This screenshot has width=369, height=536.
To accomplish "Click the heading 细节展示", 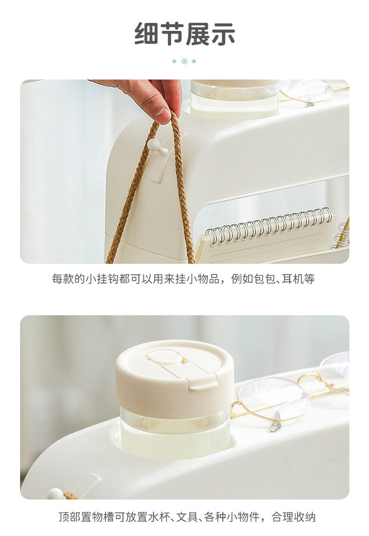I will (x=184, y=34).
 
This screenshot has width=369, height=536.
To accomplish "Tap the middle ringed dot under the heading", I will (x=184, y=61).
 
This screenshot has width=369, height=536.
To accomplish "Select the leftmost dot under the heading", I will (x=174, y=61).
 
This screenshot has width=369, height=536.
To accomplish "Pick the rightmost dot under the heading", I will (x=194, y=61).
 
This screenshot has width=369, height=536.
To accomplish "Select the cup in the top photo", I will (x=234, y=96).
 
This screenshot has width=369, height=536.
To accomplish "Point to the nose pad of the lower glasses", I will (x=275, y=426).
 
